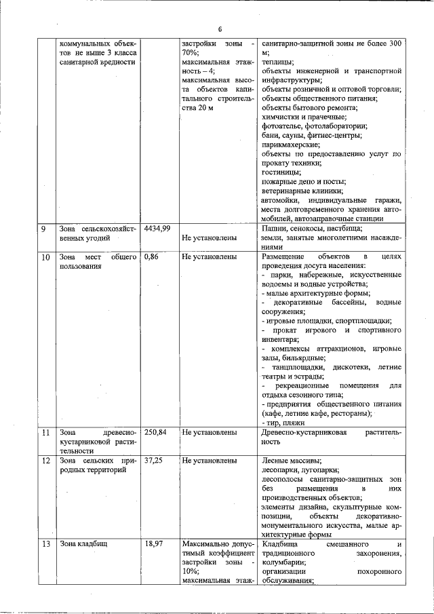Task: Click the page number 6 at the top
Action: pyautogui.click(x=220, y=28)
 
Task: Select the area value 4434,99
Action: pyautogui.click(x=157, y=229)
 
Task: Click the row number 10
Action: pyautogui.click(x=45, y=258)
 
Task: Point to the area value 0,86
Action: pyautogui.click(x=151, y=258)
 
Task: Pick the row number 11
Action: pyautogui.click(x=45, y=432)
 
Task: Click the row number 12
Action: pyautogui.click(x=45, y=461)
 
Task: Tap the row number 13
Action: pyautogui.click(x=45, y=545)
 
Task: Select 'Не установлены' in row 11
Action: pyautogui.click(x=209, y=432)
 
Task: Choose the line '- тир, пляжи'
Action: pyautogui.click(x=283, y=423)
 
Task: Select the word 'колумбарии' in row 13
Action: pyautogui.click(x=283, y=562)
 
